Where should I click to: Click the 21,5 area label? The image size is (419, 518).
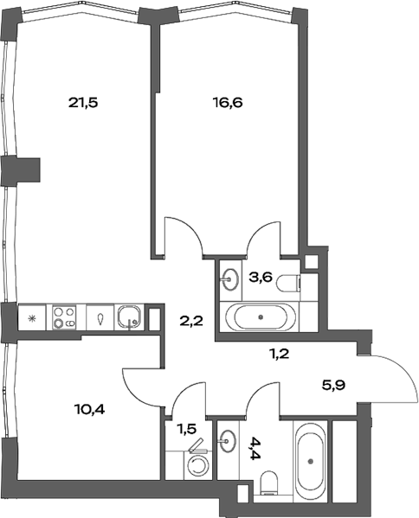click(83, 102)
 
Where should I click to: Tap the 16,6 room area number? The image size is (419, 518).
click(228, 102)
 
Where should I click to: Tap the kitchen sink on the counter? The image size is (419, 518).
click(130, 317)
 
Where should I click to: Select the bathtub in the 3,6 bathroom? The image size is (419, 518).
click(263, 317)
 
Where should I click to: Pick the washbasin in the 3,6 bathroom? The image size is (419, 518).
click(230, 278)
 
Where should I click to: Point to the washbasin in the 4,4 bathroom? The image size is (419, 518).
click(229, 440)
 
